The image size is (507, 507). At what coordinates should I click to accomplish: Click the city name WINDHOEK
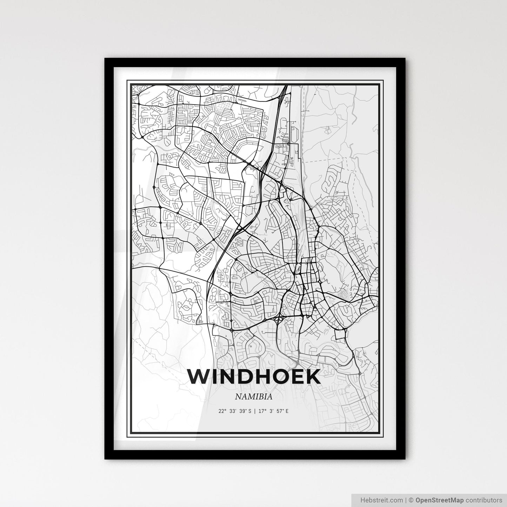(254, 377)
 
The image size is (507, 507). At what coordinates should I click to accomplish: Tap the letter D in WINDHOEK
(240, 377)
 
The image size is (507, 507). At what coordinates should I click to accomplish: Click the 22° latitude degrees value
(221, 411)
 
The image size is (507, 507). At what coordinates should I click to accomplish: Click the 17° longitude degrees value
(262, 411)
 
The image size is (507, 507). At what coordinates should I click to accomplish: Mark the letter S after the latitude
(249, 411)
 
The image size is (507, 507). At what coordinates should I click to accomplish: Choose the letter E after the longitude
(287, 411)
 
